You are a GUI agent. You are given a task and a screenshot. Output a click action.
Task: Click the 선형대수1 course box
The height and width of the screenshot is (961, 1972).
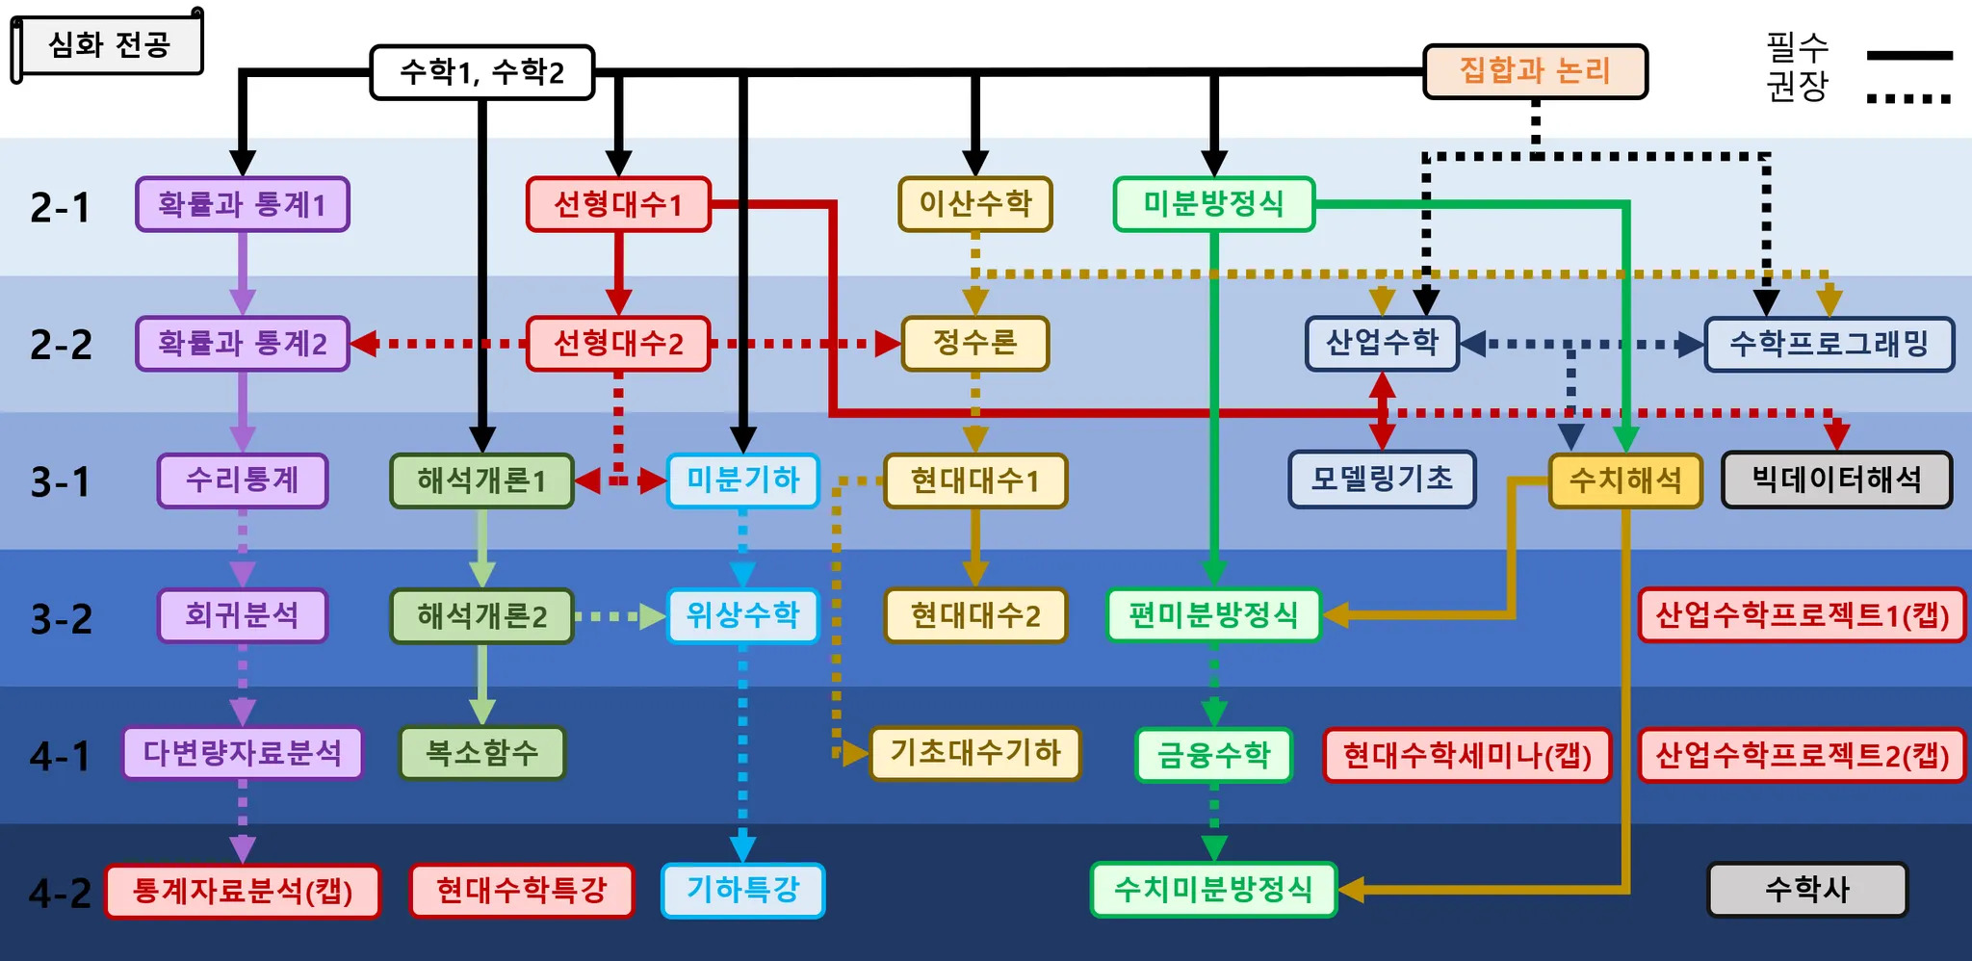(x=618, y=204)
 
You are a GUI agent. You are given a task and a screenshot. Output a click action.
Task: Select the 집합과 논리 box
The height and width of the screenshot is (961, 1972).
(x=1535, y=71)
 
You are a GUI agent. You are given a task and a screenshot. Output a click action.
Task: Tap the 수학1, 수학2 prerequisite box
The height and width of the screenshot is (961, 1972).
(x=481, y=72)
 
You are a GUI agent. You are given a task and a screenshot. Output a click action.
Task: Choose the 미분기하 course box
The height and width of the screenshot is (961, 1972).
(x=742, y=480)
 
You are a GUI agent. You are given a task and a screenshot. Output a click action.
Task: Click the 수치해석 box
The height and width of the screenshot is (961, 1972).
(x=1625, y=480)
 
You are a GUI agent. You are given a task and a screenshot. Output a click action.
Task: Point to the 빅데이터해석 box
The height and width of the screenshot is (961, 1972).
(x=1836, y=480)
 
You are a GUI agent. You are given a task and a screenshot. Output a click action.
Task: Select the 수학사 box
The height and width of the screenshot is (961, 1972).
(x=1807, y=890)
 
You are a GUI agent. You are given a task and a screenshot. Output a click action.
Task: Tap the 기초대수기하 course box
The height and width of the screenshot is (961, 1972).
(x=974, y=753)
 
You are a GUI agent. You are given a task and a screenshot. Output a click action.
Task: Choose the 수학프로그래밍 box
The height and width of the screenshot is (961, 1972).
(x=1829, y=344)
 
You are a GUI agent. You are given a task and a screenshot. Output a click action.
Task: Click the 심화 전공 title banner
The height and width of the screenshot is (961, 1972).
(x=109, y=44)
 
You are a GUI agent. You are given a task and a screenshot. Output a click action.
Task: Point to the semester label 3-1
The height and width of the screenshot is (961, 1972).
(x=60, y=481)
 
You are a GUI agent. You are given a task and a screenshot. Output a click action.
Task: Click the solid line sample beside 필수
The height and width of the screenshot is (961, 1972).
(x=1908, y=55)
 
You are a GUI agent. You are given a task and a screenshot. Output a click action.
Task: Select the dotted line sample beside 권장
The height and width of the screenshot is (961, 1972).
(x=1908, y=98)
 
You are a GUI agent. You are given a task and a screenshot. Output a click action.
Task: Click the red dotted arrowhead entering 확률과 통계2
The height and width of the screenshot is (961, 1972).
(x=364, y=344)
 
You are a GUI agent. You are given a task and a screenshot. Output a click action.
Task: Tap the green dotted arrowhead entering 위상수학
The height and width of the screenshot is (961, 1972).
(x=653, y=616)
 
